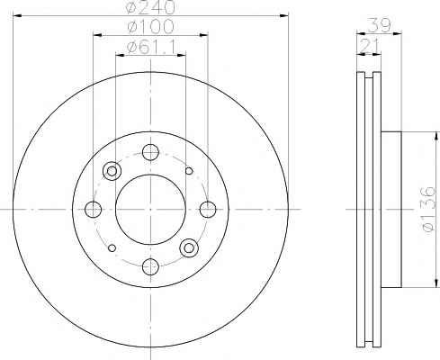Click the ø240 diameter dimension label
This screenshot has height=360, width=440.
pos(149,7)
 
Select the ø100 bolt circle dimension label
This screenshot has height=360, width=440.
pos(150,26)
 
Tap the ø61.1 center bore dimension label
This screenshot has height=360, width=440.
pos(151,47)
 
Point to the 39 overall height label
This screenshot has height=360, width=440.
pos(379,25)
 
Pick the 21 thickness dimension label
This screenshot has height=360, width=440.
pos(369,46)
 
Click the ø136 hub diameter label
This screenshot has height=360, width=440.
pos(428,210)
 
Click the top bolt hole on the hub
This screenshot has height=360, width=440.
pos(150,152)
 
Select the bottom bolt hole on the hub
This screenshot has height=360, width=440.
pos(150,266)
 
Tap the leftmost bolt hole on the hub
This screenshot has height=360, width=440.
pos(93,210)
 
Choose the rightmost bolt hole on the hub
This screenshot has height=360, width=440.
pos(208,210)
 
